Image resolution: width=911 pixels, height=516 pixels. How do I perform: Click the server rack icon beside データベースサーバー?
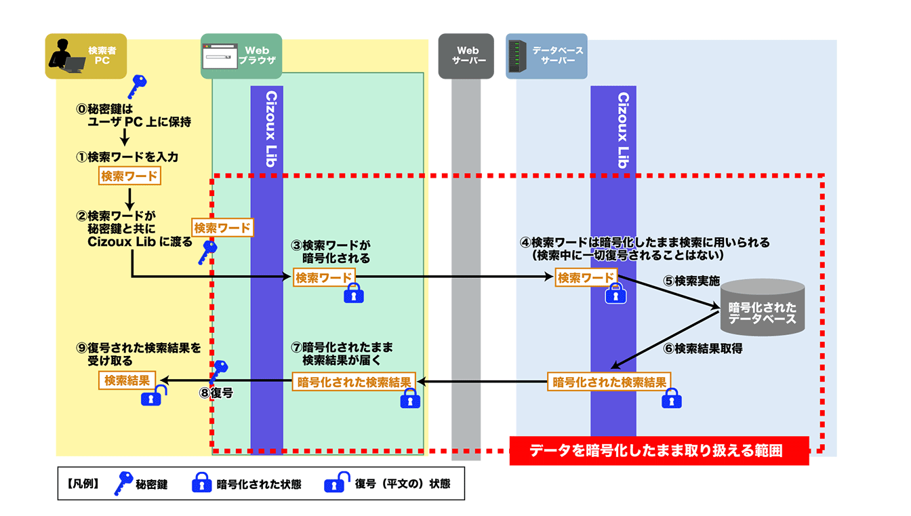518,56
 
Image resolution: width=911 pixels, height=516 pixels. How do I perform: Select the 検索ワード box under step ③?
324,277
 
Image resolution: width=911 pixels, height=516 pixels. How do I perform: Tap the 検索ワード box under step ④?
586,277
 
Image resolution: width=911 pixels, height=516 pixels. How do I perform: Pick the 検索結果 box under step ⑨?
127,380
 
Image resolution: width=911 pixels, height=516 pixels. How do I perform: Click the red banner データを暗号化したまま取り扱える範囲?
659,451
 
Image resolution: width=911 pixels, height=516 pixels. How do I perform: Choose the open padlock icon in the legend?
336,483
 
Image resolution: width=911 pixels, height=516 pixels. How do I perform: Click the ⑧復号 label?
216,393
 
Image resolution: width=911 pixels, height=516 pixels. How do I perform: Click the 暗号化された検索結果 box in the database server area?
609,382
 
